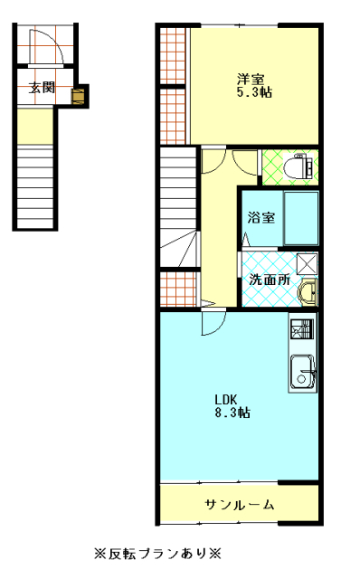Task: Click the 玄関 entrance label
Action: point(42,88)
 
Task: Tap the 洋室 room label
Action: point(251,80)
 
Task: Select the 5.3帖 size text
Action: point(254,92)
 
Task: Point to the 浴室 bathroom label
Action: point(261,217)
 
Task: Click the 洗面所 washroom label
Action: point(270,280)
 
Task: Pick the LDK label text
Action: point(226,400)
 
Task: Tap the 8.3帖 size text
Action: point(232,413)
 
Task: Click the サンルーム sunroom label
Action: point(240,505)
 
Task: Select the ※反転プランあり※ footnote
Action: point(157,554)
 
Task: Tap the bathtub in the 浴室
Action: point(301,218)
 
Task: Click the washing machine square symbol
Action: point(308,263)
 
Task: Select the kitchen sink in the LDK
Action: point(303,370)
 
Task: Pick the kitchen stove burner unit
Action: point(302,329)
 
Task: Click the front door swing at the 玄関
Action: point(46,46)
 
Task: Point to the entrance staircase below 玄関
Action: point(35,186)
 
